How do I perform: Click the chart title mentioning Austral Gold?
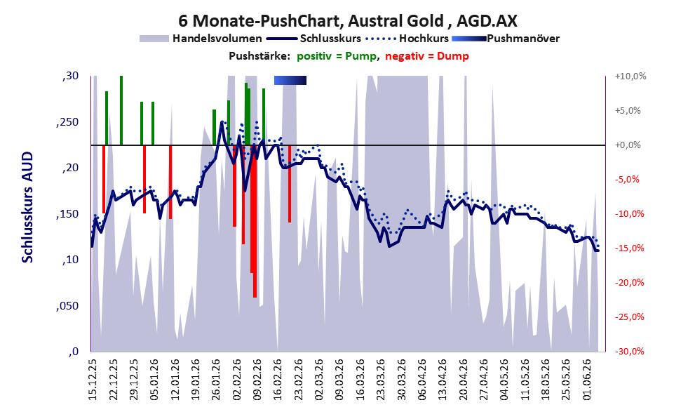click(x=348, y=20)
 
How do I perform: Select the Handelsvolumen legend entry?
click(x=201, y=39)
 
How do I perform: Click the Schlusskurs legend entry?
click(x=314, y=39)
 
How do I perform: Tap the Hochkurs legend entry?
click(x=407, y=39)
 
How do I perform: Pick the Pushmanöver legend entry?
click(x=506, y=39)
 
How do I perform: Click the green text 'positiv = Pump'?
click(x=337, y=56)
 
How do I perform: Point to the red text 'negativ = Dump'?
click(x=427, y=56)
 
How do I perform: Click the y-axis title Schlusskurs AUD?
click(x=27, y=207)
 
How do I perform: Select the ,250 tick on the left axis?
click(x=67, y=122)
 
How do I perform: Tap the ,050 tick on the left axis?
click(x=67, y=306)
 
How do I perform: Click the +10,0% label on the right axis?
click(x=630, y=77)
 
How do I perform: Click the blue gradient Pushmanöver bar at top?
click(x=290, y=80)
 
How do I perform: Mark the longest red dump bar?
click(x=255, y=221)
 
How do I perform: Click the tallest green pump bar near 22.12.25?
click(x=121, y=110)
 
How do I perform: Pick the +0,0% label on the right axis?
click(x=628, y=145)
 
